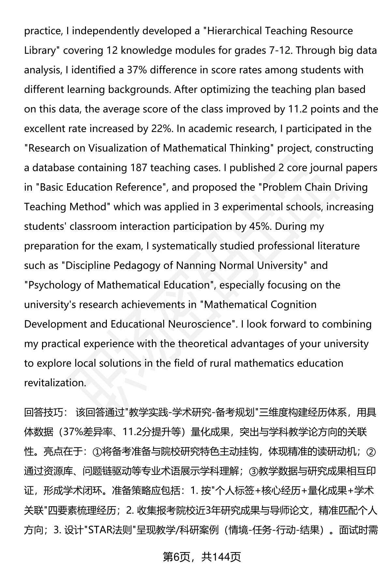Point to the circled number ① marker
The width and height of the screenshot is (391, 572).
click(97, 452)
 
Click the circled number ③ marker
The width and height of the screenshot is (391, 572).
click(253, 471)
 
